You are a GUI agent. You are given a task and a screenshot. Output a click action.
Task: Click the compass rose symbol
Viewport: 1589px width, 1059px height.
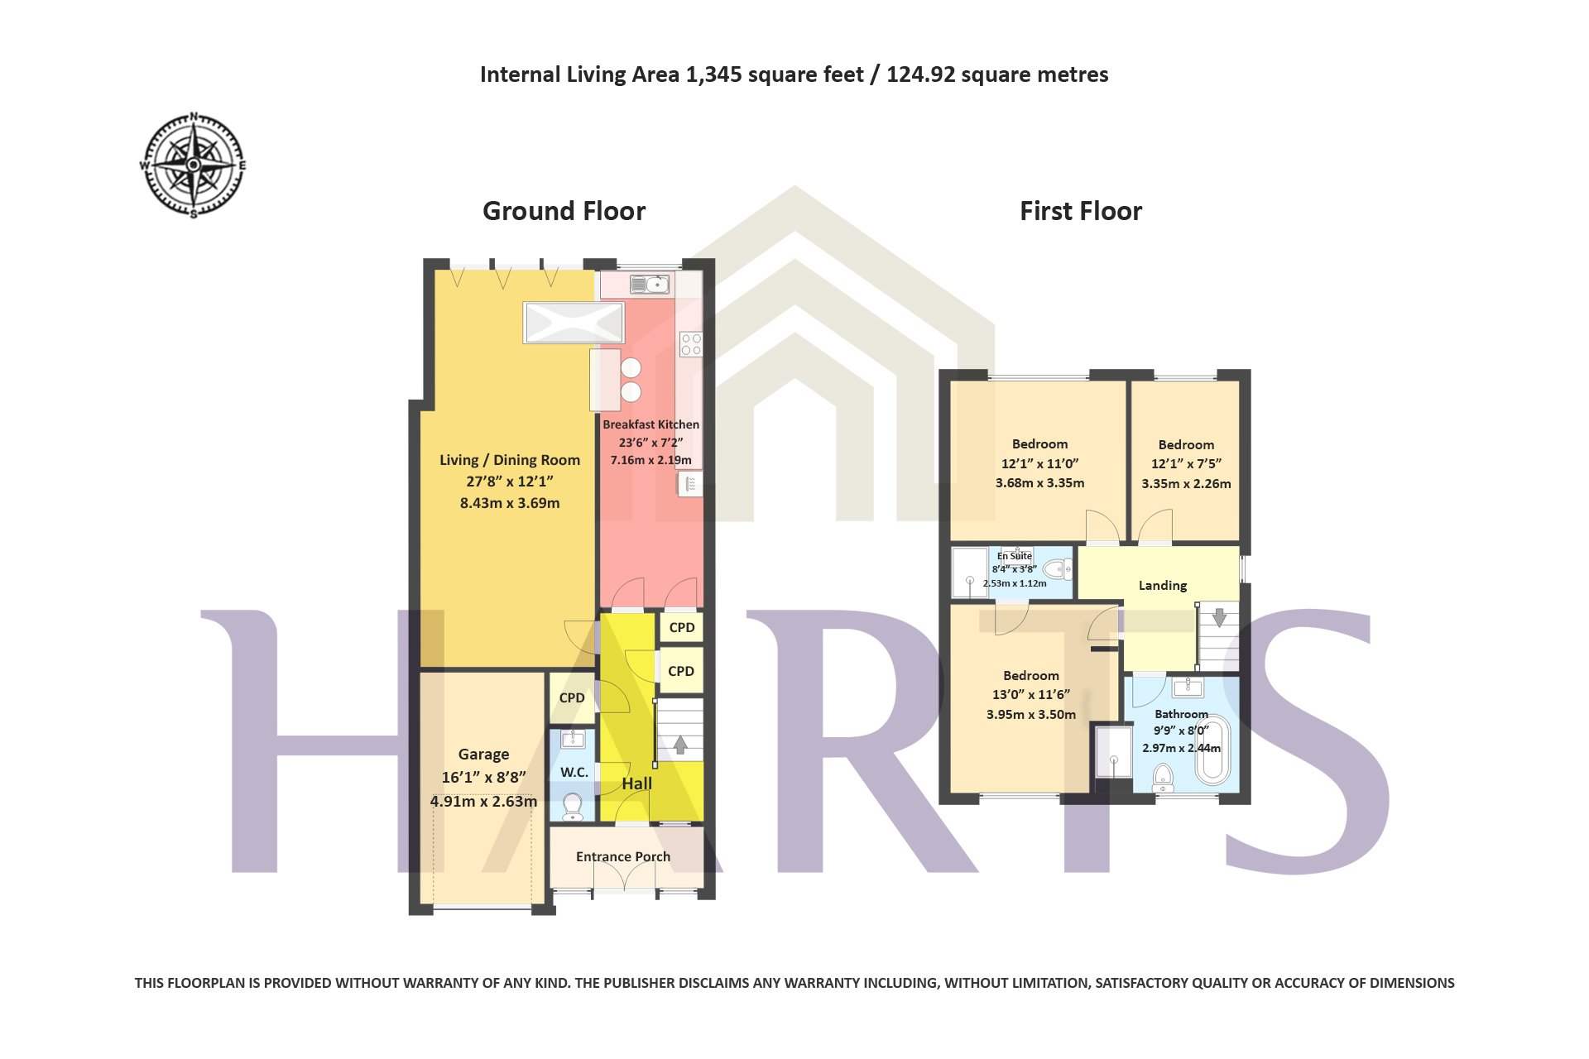(193, 165)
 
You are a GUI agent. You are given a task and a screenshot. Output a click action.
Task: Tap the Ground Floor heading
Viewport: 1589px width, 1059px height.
(564, 211)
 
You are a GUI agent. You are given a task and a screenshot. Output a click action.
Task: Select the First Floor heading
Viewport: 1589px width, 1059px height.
(1081, 211)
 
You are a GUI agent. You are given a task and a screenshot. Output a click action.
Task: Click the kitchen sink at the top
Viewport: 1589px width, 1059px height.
(650, 285)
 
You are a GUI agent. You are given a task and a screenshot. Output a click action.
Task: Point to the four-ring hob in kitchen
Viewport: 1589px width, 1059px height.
(691, 344)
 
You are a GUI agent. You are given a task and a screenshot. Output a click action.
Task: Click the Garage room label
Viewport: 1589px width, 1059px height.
(483, 755)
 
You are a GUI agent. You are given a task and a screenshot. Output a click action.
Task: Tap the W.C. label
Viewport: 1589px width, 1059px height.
(574, 772)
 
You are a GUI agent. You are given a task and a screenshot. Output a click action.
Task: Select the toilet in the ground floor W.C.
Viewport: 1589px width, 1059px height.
(572, 805)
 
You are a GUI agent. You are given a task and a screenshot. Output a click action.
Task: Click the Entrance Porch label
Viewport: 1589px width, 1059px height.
(623, 856)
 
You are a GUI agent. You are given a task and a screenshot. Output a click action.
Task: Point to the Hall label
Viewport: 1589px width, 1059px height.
(636, 783)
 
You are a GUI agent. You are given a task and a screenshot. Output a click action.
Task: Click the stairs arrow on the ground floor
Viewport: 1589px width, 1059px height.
(680, 745)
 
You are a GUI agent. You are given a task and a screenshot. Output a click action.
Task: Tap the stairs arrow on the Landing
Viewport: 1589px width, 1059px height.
(1219, 617)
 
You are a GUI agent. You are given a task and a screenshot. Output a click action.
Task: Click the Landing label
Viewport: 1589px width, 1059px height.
(1163, 586)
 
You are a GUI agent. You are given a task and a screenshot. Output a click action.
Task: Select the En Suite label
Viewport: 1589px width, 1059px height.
(1015, 556)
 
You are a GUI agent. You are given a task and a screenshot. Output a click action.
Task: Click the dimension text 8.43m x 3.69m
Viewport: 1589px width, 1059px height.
(510, 503)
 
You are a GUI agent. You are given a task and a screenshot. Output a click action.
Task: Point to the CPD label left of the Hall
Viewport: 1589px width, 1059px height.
(572, 697)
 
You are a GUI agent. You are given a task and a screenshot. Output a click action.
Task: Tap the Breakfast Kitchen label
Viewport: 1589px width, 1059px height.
(651, 424)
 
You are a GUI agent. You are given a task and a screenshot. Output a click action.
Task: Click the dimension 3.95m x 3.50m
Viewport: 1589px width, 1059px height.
(1031, 715)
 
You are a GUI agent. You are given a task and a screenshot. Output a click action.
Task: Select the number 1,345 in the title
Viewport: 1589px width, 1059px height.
(714, 75)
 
